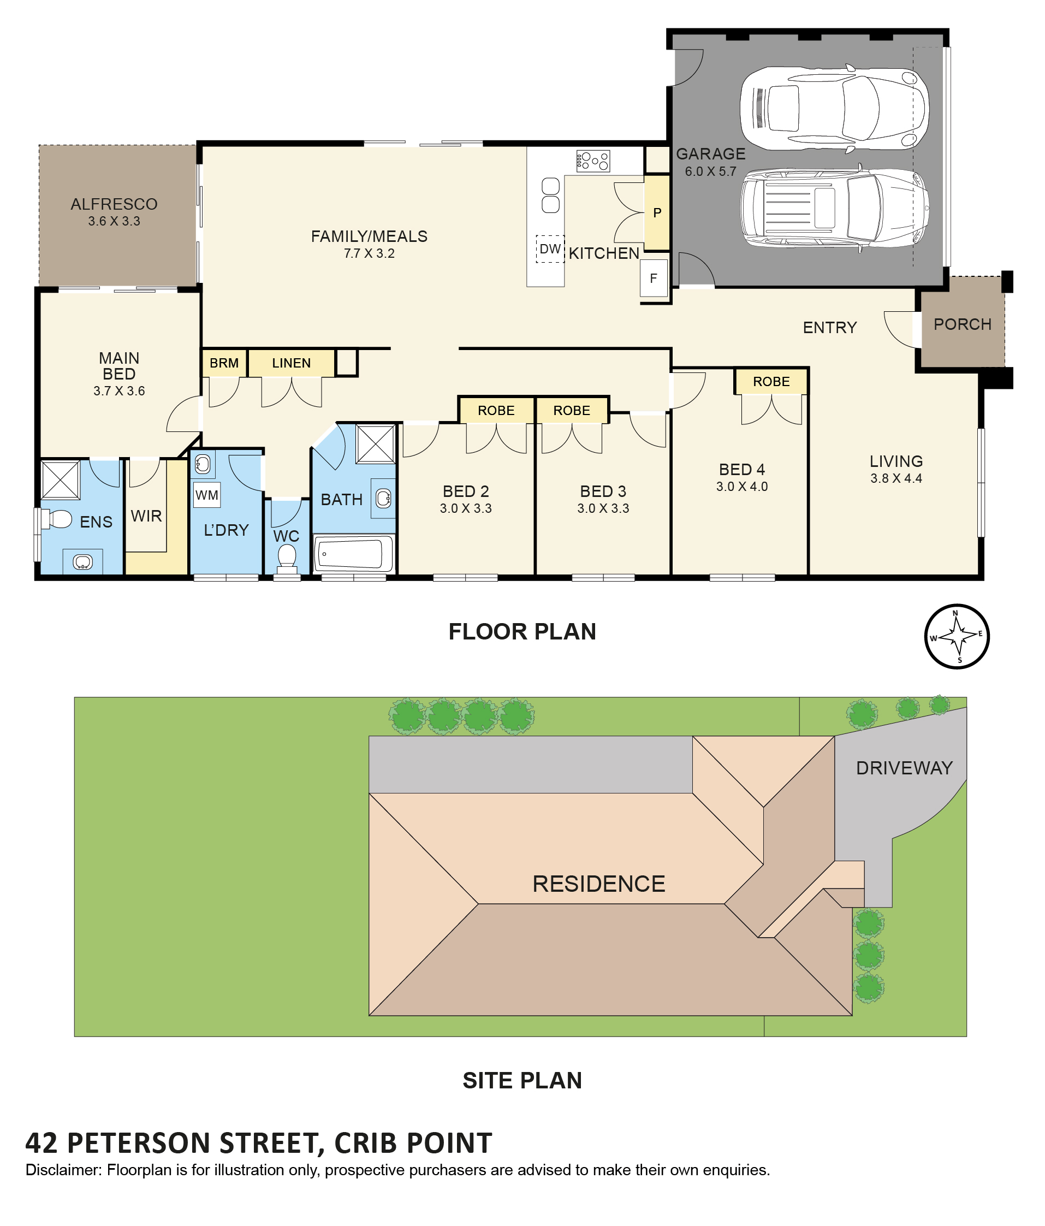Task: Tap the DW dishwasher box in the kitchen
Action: click(549, 249)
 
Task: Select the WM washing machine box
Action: click(206, 495)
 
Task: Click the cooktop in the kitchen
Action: click(592, 161)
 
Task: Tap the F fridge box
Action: click(654, 278)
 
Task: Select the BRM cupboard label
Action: click(224, 363)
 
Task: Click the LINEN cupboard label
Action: click(291, 363)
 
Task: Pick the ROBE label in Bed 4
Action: click(771, 382)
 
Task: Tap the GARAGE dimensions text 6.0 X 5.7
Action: click(710, 171)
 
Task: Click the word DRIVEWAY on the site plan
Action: click(904, 768)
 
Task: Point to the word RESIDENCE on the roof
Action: click(598, 884)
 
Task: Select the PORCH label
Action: click(962, 324)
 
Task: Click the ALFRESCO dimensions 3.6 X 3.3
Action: click(114, 221)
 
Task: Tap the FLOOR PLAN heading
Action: click(522, 632)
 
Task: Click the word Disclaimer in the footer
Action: click(63, 1170)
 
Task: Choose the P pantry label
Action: click(657, 213)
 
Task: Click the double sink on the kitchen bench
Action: click(550, 196)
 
